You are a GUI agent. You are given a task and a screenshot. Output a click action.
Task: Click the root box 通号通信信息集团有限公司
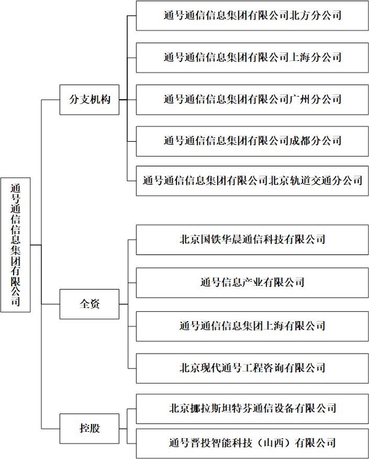15,245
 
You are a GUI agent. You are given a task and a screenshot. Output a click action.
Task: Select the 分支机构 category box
89,100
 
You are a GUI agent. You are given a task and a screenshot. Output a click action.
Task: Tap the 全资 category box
89,304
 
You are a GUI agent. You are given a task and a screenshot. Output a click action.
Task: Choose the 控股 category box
89,429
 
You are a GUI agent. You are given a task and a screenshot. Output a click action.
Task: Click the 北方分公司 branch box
252,15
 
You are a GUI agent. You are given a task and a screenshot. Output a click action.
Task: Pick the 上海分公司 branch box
252,58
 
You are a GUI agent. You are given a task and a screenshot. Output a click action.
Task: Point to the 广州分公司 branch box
252,100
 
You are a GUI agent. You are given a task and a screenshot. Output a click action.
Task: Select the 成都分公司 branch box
252,141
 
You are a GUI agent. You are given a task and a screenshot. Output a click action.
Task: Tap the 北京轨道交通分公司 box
252,181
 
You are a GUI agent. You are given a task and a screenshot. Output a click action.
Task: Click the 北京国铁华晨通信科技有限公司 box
252,240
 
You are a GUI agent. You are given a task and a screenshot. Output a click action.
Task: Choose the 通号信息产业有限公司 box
252,283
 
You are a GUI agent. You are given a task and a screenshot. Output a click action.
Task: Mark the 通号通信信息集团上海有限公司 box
252,326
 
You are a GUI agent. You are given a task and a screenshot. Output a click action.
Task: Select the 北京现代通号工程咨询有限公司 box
252,368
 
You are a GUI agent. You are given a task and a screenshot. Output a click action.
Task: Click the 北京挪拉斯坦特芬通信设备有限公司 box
252,408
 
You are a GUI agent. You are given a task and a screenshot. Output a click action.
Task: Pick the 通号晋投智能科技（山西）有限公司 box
252,444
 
